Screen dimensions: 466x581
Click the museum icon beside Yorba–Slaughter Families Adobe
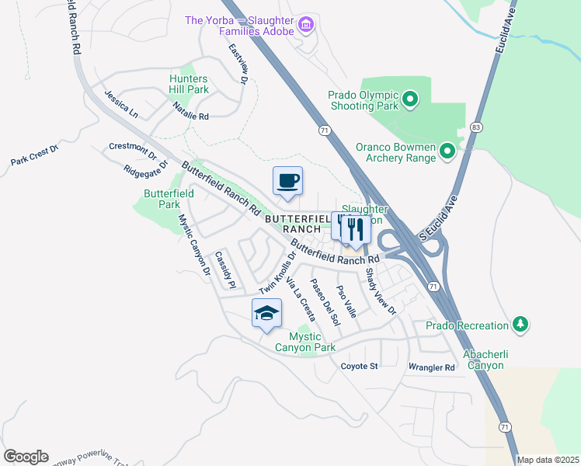(306, 26)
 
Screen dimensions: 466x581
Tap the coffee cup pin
(288, 182)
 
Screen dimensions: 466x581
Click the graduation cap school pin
(266, 314)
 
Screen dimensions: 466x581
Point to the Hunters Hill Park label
(189, 84)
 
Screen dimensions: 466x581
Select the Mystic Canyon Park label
(312, 342)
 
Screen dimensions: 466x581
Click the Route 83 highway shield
(475, 126)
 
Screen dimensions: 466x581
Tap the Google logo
(26, 457)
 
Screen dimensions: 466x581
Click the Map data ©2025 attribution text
(548, 460)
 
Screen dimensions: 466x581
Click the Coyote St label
(359, 366)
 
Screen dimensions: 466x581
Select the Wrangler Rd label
(431, 367)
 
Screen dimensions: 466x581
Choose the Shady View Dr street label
(381, 292)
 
